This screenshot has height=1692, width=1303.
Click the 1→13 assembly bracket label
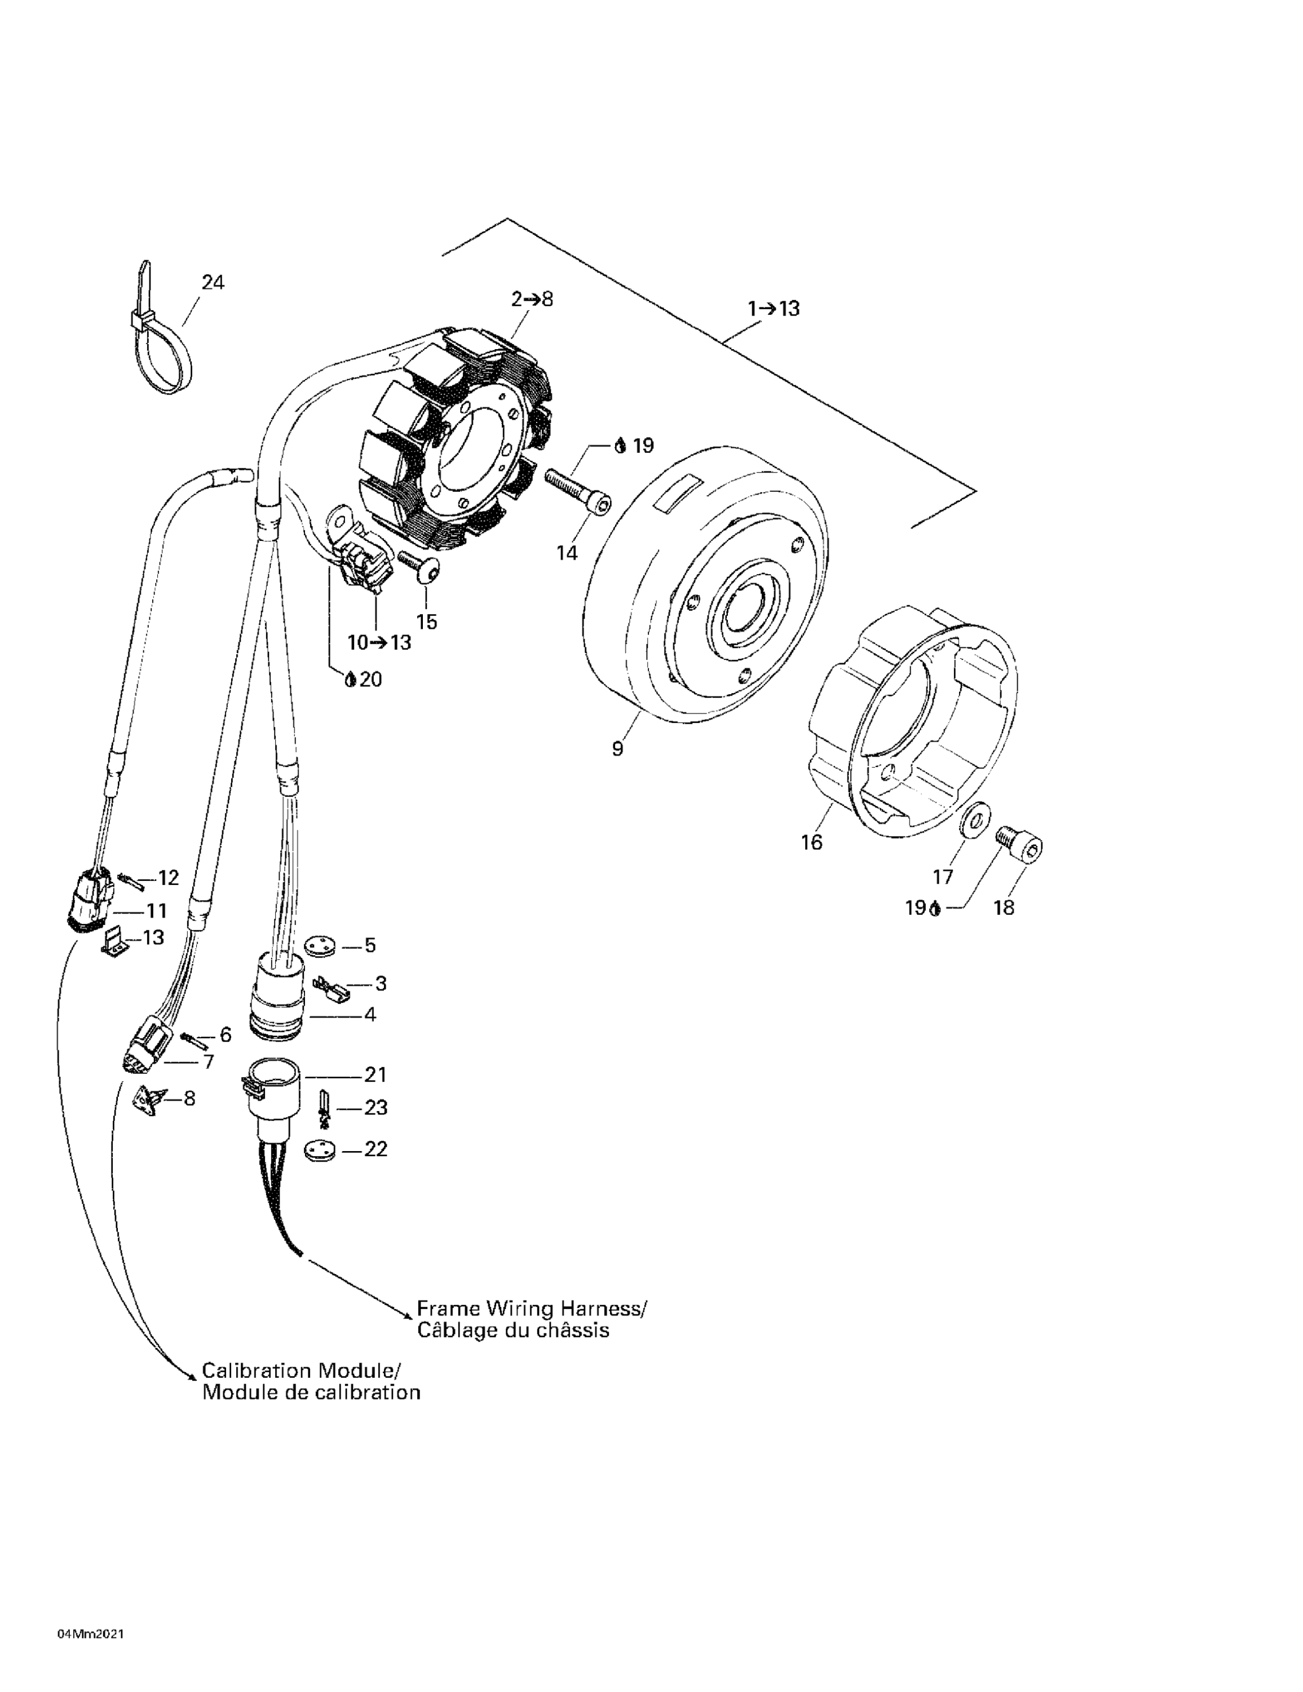pos(773,309)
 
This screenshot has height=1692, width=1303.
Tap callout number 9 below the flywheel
pos(617,749)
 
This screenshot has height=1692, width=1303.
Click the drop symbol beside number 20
pos(350,680)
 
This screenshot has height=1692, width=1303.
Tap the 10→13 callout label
pos(379,642)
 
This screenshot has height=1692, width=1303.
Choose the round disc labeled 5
pos(319,946)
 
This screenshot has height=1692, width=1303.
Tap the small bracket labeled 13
pos(114,941)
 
